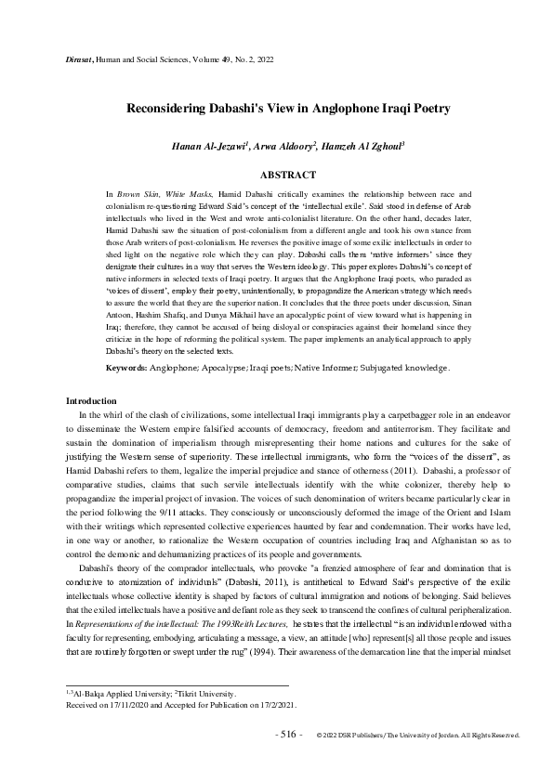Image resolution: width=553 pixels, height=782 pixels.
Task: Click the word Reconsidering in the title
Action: [166, 109]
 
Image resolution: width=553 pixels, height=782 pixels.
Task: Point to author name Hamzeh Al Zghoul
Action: [376, 148]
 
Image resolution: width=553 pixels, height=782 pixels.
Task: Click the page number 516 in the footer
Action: [289, 734]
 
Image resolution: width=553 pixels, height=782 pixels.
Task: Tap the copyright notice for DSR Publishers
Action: [417, 735]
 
